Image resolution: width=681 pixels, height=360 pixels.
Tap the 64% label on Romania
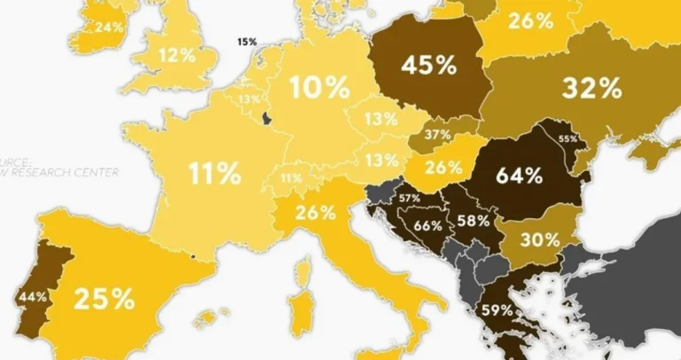click(x=519, y=175)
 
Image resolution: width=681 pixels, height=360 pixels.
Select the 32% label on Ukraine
click(x=591, y=88)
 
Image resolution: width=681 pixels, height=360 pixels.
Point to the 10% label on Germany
click(x=319, y=87)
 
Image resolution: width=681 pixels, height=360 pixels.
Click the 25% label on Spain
click(x=104, y=299)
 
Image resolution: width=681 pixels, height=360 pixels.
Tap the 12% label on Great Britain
click(x=176, y=55)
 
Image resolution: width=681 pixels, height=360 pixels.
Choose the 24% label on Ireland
click(x=109, y=27)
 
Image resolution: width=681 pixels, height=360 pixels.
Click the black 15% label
click(x=247, y=42)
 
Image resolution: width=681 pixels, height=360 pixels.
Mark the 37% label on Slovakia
click(x=437, y=135)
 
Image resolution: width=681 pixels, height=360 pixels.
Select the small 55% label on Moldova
click(x=567, y=138)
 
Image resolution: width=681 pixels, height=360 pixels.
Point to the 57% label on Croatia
click(x=410, y=198)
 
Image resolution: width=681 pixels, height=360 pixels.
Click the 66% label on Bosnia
click(x=427, y=225)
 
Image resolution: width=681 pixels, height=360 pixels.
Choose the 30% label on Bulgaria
click(x=540, y=239)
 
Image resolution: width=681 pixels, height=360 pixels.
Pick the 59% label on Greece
click(x=497, y=310)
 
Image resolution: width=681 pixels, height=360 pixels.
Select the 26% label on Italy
click(x=317, y=213)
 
